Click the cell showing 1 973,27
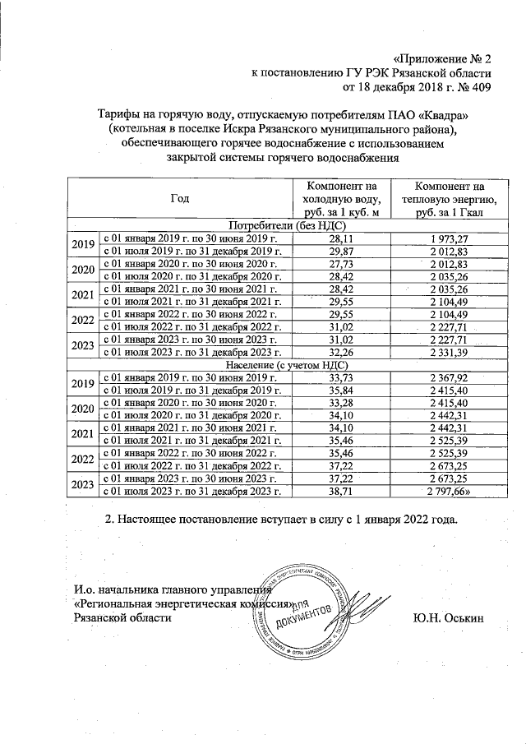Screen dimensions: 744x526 449,238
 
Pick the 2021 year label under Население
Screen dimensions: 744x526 82,435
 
